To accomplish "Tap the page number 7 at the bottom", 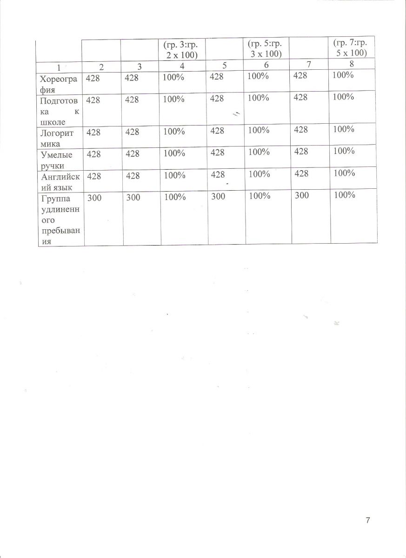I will (x=368, y=520).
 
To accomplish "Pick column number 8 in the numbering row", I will (x=352, y=65).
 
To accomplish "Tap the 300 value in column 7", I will (x=301, y=196).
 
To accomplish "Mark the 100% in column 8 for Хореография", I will (x=344, y=74).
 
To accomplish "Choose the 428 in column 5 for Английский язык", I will (x=218, y=175).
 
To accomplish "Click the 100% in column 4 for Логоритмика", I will (x=174, y=132).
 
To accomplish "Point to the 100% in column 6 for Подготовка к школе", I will (x=259, y=98).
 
